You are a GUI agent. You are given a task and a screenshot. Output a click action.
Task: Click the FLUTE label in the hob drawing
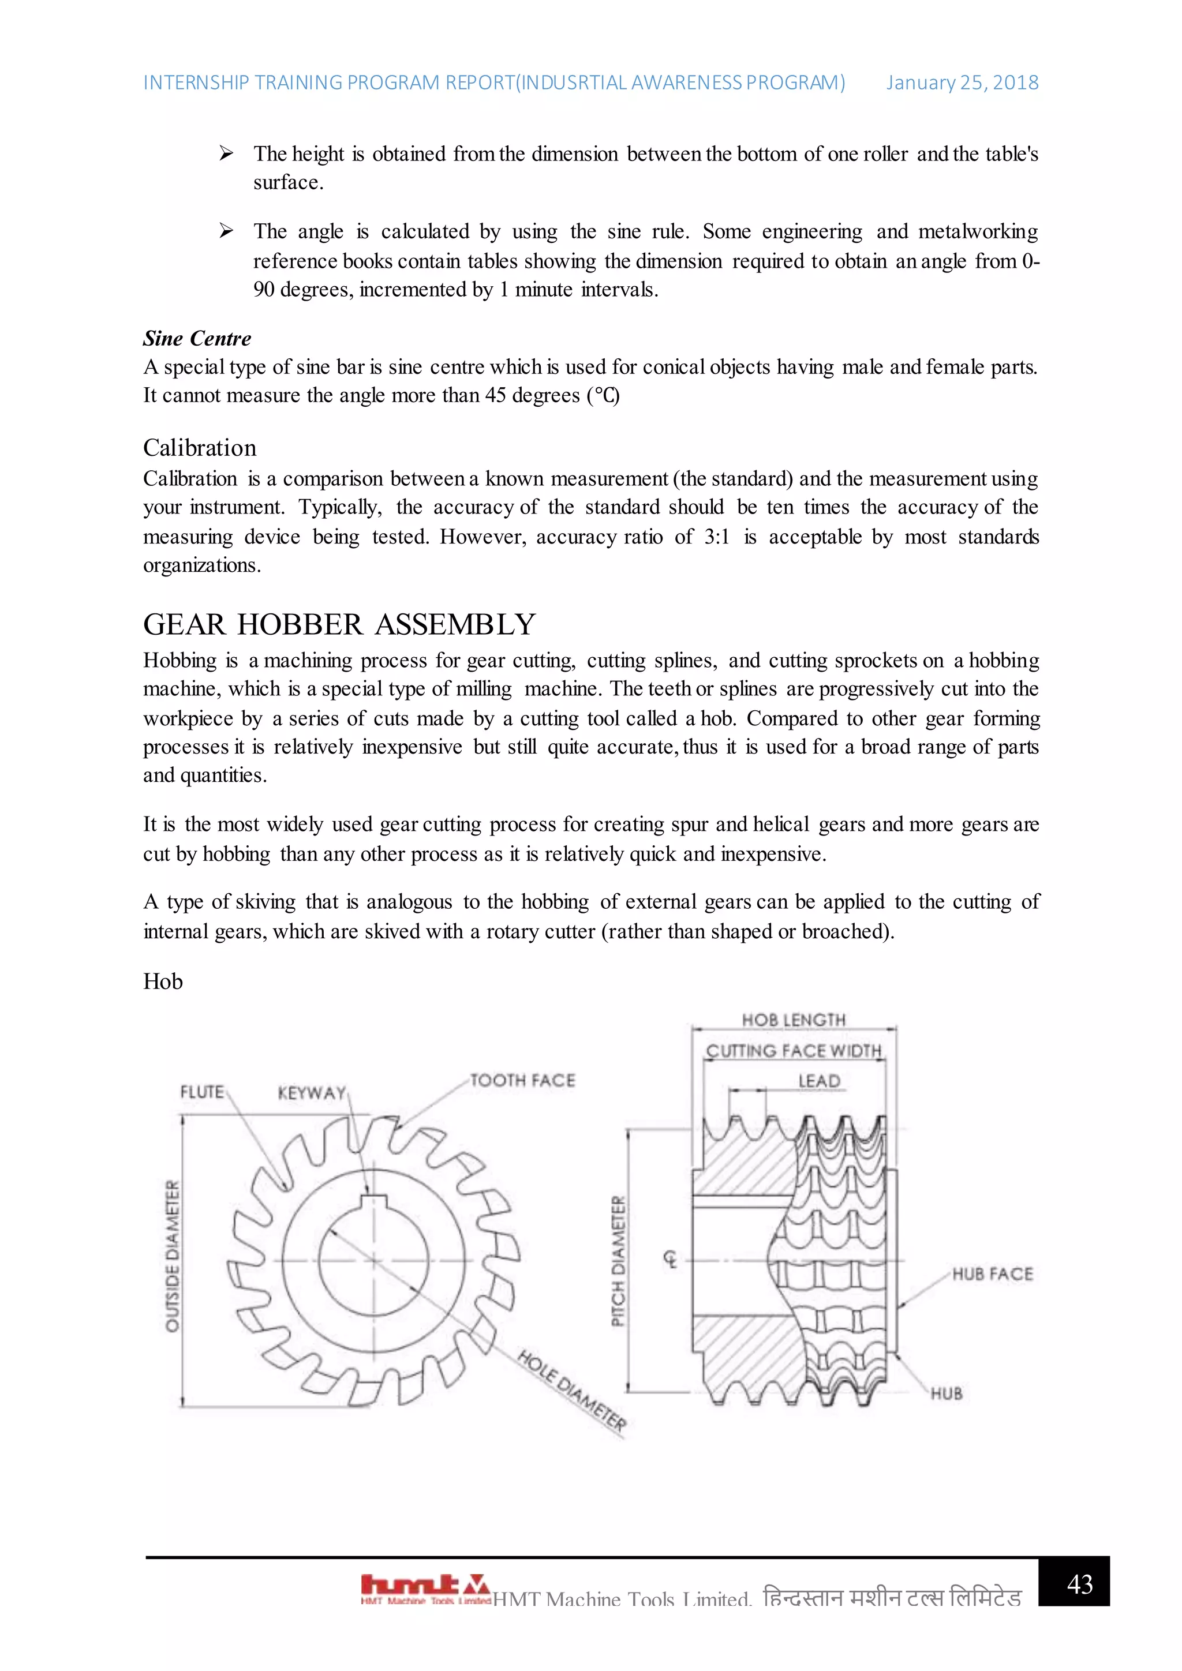[201, 1092]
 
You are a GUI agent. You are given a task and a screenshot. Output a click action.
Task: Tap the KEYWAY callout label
[312, 1093]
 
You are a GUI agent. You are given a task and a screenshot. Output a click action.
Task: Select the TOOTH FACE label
[522, 1080]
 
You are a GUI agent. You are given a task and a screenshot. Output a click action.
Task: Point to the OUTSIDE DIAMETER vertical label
[173, 1256]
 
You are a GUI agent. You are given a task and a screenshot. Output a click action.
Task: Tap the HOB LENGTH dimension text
[794, 1020]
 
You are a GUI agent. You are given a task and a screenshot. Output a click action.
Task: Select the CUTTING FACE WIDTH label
[794, 1051]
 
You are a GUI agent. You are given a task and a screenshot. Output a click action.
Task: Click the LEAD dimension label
[819, 1081]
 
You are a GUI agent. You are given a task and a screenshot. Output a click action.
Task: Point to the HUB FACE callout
[992, 1273]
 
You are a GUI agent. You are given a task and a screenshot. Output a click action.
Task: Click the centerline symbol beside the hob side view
[670, 1259]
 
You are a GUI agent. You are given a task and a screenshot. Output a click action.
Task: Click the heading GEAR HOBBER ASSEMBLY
[339, 624]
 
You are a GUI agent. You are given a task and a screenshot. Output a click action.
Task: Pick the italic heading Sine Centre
[196, 339]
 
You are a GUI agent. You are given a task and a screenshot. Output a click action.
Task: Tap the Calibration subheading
[200, 448]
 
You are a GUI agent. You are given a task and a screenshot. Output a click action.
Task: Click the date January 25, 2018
[962, 83]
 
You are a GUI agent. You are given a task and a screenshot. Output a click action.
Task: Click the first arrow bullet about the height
[226, 153]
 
